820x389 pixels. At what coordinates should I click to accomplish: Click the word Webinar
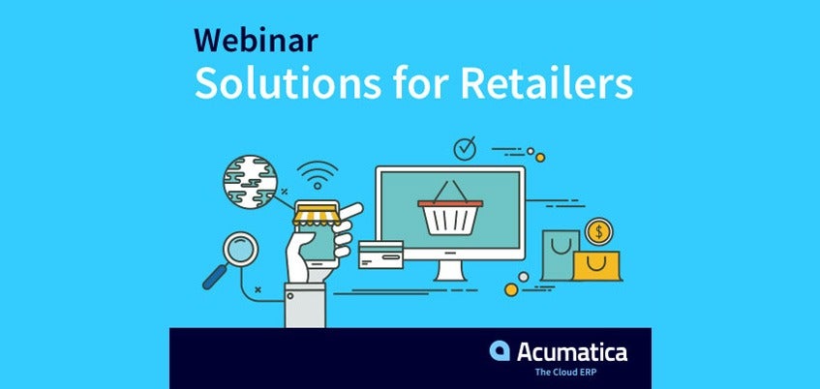(256, 40)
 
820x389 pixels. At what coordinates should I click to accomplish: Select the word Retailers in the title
(546, 82)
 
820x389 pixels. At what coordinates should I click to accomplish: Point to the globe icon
(250, 181)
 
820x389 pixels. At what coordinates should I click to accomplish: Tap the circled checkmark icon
(465, 148)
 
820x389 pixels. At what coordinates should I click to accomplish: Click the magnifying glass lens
(240, 250)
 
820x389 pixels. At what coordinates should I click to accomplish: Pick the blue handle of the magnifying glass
(214, 277)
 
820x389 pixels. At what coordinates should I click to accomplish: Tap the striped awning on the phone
(317, 216)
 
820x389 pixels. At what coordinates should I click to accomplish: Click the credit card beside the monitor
(380, 254)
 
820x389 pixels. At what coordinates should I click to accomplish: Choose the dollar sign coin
(599, 231)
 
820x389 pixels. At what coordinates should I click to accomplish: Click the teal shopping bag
(561, 255)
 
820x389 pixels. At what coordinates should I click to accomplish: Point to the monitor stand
(450, 270)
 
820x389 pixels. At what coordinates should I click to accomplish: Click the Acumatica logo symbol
(500, 351)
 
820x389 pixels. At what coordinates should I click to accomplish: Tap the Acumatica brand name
(572, 352)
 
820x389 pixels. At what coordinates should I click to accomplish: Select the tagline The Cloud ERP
(558, 373)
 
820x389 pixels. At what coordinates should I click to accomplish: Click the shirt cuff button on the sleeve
(289, 296)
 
